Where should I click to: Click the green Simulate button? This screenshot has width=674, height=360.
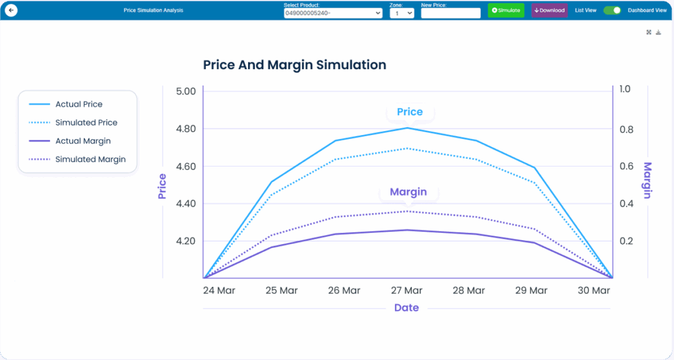(505, 11)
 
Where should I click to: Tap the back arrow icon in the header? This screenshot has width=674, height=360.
(11, 11)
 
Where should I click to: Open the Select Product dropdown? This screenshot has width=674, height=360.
(333, 13)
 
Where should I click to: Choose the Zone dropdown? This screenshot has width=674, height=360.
(402, 13)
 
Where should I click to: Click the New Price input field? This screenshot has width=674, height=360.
(451, 13)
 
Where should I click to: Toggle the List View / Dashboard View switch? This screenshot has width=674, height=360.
(612, 11)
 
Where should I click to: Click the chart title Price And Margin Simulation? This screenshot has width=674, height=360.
(294, 65)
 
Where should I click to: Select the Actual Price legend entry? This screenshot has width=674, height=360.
(78, 104)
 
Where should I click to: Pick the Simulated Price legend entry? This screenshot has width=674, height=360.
(86, 122)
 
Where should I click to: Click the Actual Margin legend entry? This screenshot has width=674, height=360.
(82, 141)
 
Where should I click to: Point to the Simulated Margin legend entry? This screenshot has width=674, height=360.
(90, 159)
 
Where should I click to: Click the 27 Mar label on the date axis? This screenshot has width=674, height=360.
(407, 290)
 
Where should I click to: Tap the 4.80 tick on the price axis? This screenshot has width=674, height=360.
(186, 129)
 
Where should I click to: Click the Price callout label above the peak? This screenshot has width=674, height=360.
(409, 112)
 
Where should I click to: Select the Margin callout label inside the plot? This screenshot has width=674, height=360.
(408, 192)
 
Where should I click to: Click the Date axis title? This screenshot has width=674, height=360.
(406, 308)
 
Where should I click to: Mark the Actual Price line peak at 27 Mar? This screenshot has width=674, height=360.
(407, 128)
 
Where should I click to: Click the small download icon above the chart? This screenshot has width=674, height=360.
(658, 32)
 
